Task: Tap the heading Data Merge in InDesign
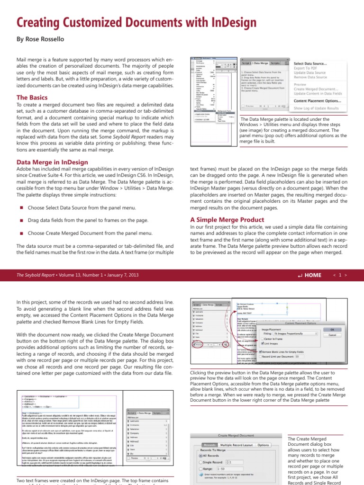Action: [52, 162]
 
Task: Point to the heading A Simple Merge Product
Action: [227, 220]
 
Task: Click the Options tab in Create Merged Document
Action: [264, 445]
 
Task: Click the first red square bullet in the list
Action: [21, 208]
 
